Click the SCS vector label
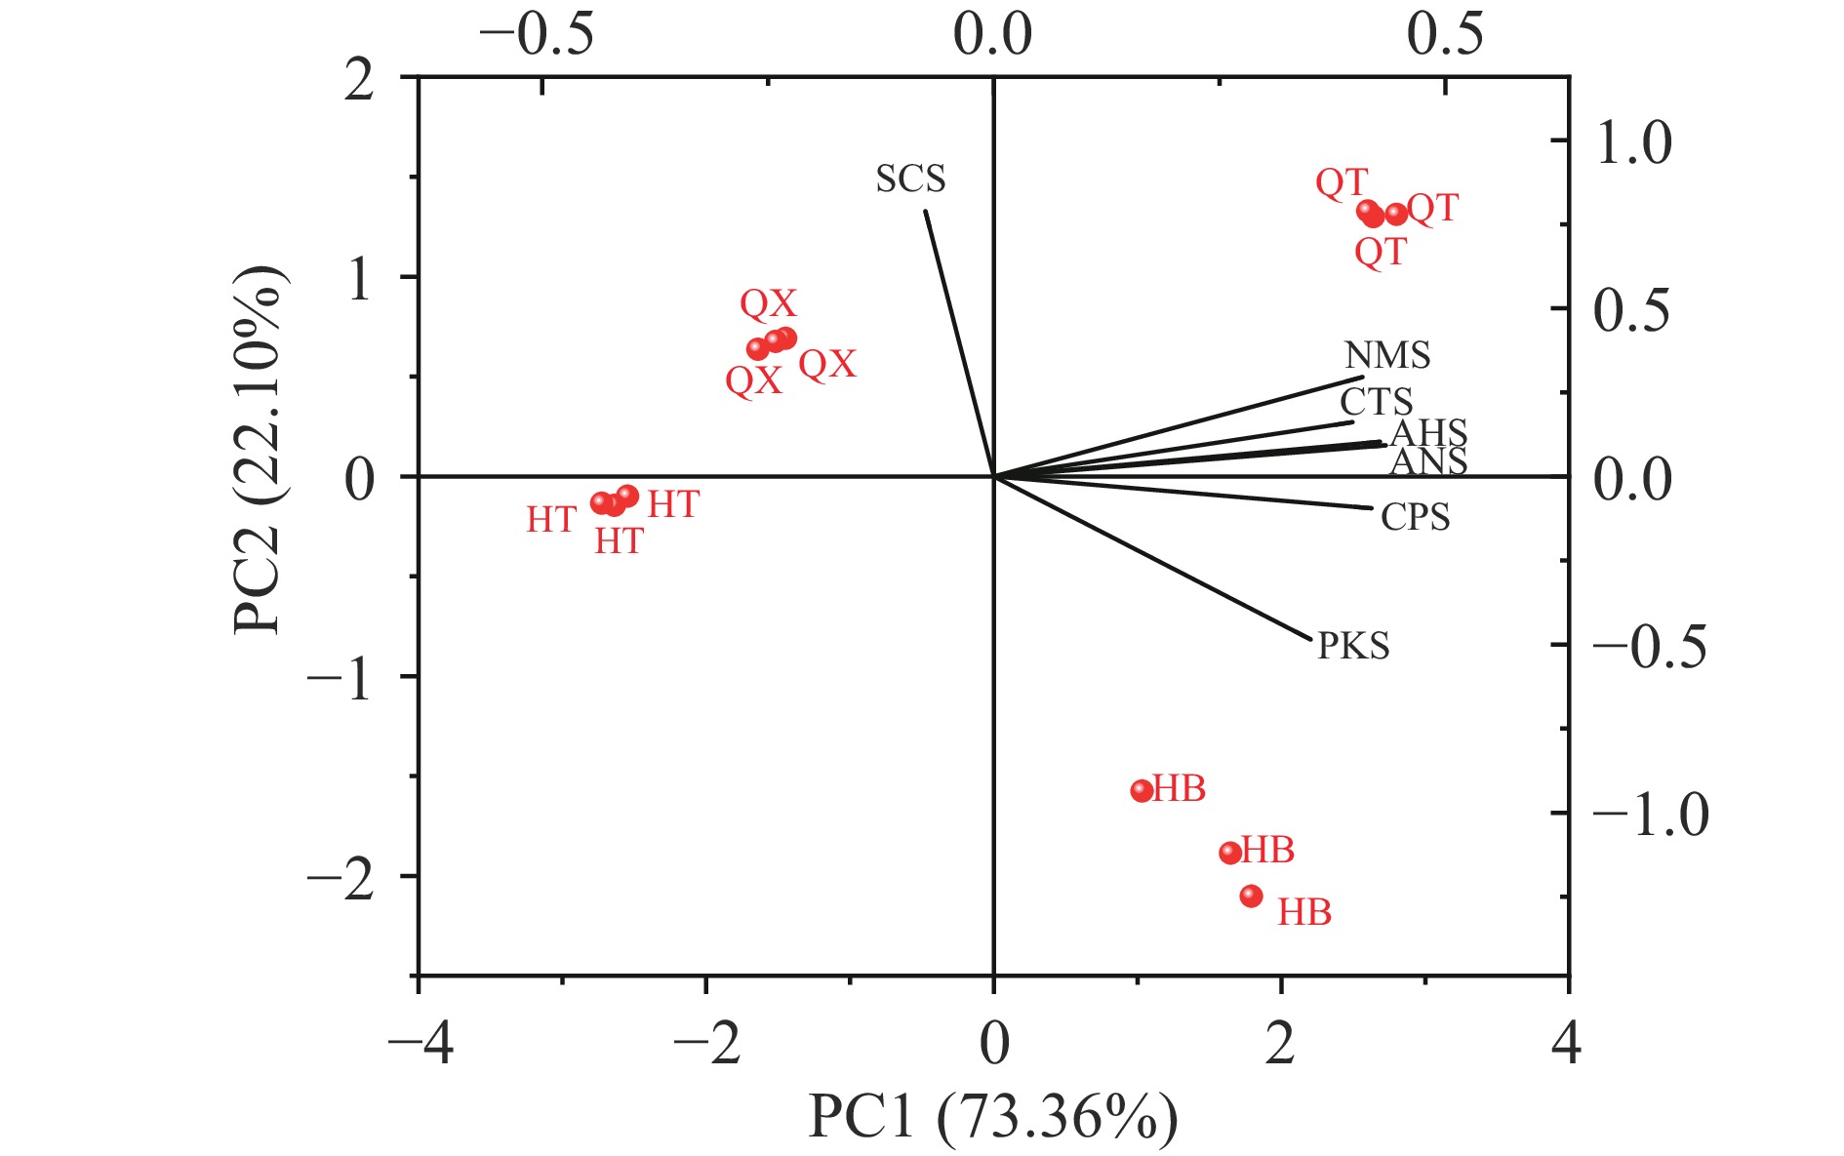pyautogui.click(x=910, y=179)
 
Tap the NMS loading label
pyautogui.click(x=1386, y=355)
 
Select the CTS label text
pyautogui.click(x=1376, y=402)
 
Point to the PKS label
pyautogui.click(x=1352, y=646)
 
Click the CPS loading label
pyautogui.click(x=1415, y=517)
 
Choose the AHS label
pyautogui.click(x=1428, y=433)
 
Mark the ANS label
pyautogui.click(x=1428, y=461)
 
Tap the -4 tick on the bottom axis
pyautogui.click(x=421, y=1044)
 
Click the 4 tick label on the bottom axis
pyautogui.click(x=1567, y=1044)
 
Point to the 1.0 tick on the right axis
pyautogui.click(x=1632, y=142)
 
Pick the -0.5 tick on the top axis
pyautogui.click(x=536, y=35)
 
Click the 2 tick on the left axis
pyautogui.click(x=360, y=80)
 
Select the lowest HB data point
pyautogui.click(x=1251, y=896)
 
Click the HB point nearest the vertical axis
pyautogui.click(x=1142, y=790)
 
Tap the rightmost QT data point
pyautogui.click(x=1396, y=214)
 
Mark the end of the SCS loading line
pyautogui.click(x=925, y=211)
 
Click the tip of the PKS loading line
pyautogui.click(x=1311, y=640)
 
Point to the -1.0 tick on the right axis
pyautogui.click(x=1650, y=814)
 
